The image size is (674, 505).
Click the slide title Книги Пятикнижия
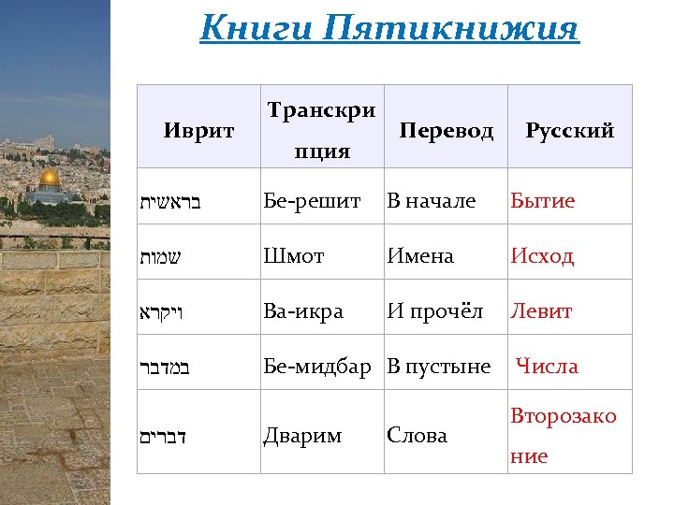coord(389,28)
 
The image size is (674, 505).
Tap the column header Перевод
coord(446,131)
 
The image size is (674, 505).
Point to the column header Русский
coord(570,131)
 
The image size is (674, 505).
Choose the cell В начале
coord(432,201)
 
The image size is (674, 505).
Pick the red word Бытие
coord(543,201)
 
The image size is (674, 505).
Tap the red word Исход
coord(542,255)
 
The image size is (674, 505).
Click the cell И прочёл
coord(436,311)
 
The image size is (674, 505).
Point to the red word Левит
coord(541,311)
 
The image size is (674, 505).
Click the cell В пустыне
coord(439,367)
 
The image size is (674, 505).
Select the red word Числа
coord(548,367)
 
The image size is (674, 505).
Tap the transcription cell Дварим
coord(302,436)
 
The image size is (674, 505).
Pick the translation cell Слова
coord(417,436)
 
